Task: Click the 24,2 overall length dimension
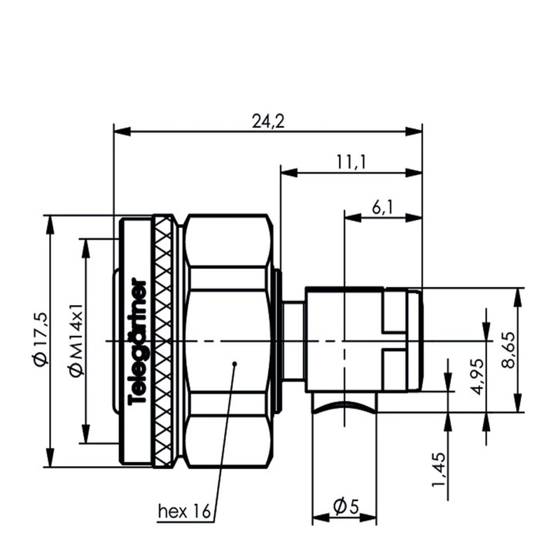[x=268, y=121]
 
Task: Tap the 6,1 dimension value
[x=382, y=206]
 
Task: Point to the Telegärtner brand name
[x=138, y=342]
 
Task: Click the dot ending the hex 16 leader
[x=234, y=364]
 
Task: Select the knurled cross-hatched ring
[x=162, y=341]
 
